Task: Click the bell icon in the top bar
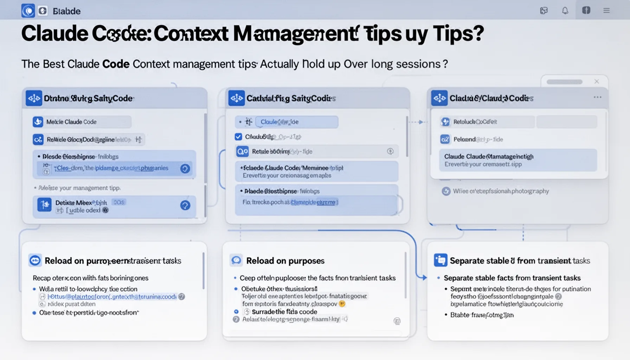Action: pos(565,11)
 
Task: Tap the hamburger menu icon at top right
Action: pos(606,11)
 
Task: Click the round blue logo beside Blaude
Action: pos(28,11)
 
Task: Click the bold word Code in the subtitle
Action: pos(116,64)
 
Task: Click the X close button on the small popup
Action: pos(597,82)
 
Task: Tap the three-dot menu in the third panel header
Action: pos(597,97)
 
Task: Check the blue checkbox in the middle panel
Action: pos(238,137)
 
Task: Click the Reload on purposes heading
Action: pos(285,261)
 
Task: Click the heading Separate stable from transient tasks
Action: pos(520,261)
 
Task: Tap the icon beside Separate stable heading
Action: pos(441,260)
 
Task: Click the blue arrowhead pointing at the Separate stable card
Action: pos(424,277)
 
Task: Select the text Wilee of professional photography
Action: pos(500,191)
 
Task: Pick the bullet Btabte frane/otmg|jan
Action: pos(482,315)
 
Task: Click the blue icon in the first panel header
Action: pos(34,98)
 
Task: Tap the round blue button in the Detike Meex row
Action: pos(185,205)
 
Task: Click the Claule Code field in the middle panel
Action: pos(296,122)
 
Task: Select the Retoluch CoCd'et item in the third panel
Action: pos(475,122)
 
